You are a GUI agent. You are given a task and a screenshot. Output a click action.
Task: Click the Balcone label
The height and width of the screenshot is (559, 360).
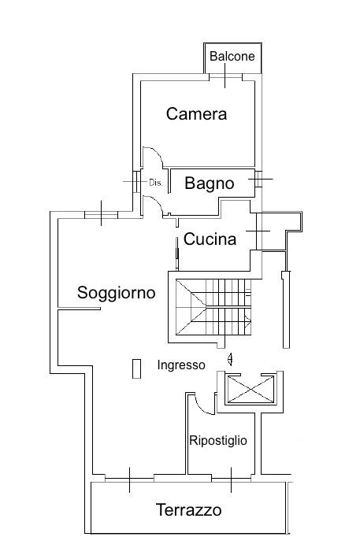(x=232, y=57)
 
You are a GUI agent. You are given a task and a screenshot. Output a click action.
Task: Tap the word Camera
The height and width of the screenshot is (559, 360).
(x=196, y=114)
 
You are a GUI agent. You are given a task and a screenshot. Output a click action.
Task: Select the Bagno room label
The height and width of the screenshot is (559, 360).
(x=210, y=183)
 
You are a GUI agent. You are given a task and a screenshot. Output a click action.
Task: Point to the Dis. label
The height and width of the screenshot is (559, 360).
(x=155, y=183)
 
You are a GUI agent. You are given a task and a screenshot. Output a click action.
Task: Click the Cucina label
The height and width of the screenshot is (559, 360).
(x=210, y=239)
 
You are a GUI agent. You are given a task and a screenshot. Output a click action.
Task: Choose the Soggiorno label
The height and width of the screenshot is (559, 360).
(x=117, y=293)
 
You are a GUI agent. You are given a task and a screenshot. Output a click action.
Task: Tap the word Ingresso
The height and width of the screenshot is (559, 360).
(x=181, y=365)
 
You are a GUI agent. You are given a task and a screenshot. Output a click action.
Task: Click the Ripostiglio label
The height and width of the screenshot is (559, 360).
(x=218, y=441)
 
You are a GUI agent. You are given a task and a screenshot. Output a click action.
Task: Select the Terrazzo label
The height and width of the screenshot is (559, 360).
(x=188, y=510)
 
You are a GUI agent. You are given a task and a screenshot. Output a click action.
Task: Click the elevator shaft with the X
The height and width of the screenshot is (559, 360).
(x=251, y=390)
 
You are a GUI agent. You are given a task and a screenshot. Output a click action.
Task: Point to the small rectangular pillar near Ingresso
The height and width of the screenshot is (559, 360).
(x=136, y=368)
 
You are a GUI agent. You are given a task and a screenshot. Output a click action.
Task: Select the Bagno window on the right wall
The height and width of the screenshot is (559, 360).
(x=258, y=179)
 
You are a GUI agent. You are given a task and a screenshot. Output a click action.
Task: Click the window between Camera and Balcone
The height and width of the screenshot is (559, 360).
(x=225, y=76)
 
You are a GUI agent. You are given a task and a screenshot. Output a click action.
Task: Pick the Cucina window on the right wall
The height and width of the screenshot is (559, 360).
(x=259, y=231)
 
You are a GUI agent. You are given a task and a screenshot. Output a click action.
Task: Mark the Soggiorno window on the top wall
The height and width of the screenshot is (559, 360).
(x=102, y=214)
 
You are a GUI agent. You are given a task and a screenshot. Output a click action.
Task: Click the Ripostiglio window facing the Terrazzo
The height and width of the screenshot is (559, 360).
(x=231, y=479)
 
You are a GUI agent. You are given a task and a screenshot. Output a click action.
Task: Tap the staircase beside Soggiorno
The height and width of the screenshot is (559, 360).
(x=213, y=307)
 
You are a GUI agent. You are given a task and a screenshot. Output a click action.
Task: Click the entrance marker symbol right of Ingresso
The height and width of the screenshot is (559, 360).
(x=231, y=359)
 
